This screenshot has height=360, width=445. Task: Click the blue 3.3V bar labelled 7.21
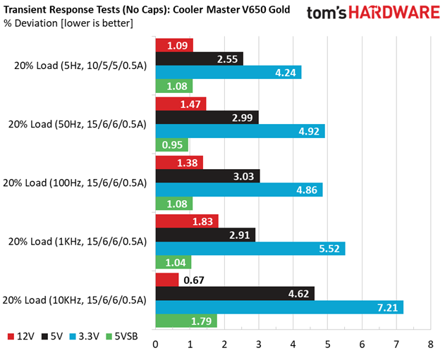(x=279, y=307)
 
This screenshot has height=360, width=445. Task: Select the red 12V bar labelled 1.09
(x=174, y=45)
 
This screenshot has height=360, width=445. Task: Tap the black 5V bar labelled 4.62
(x=235, y=294)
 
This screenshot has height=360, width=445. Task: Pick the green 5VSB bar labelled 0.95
(x=172, y=145)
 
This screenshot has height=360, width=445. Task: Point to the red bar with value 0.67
(x=167, y=280)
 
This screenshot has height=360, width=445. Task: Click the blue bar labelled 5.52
(x=250, y=249)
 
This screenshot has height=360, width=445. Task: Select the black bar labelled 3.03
(x=208, y=176)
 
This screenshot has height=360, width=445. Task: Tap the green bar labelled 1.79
(x=186, y=321)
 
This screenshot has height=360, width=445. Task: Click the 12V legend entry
(x=20, y=337)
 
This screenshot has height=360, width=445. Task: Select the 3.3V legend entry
(x=85, y=337)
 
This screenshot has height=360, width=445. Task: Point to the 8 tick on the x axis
(x=430, y=345)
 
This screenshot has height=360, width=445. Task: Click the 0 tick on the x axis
(x=156, y=345)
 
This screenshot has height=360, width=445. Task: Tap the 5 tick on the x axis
(x=327, y=345)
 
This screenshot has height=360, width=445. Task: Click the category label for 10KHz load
(x=75, y=300)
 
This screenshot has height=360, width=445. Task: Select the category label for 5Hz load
(x=80, y=66)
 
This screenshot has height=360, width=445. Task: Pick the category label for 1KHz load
(x=78, y=242)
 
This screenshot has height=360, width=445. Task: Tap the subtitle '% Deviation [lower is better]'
(x=68, y=23)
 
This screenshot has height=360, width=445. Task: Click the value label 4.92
(x=309, y=132)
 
